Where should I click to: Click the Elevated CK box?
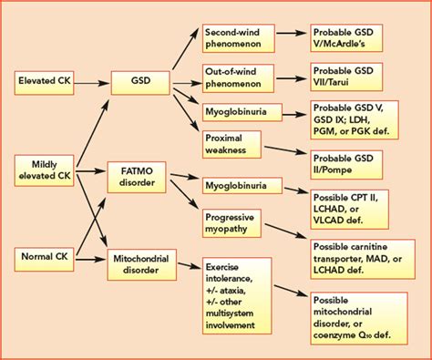coord(46,80)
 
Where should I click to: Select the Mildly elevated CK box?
coord(46,169)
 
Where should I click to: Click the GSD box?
coord(140,80)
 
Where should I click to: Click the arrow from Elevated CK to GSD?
coord(94,80)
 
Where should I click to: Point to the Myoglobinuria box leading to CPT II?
coord(235,185)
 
